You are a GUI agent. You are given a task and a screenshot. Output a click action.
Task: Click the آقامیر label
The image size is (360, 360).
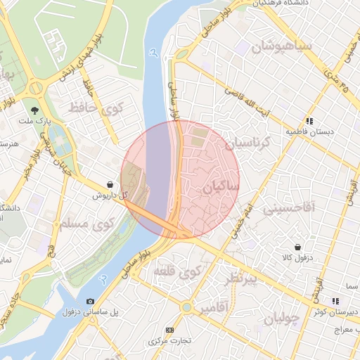click(213, 309)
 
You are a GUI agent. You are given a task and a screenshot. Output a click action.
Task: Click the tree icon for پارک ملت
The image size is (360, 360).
click(34, 110)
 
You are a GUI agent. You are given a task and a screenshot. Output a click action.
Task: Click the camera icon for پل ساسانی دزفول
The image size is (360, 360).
click(90, 301)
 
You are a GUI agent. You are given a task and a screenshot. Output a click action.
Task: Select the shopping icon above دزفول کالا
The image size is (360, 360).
click(298, 247)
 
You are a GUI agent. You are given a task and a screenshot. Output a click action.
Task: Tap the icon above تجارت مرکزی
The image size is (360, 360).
click(169, 330)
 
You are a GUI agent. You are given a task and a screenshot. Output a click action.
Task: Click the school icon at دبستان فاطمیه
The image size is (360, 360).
click(309, 121)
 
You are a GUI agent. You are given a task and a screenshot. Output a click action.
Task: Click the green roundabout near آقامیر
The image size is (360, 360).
click(186, 307)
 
